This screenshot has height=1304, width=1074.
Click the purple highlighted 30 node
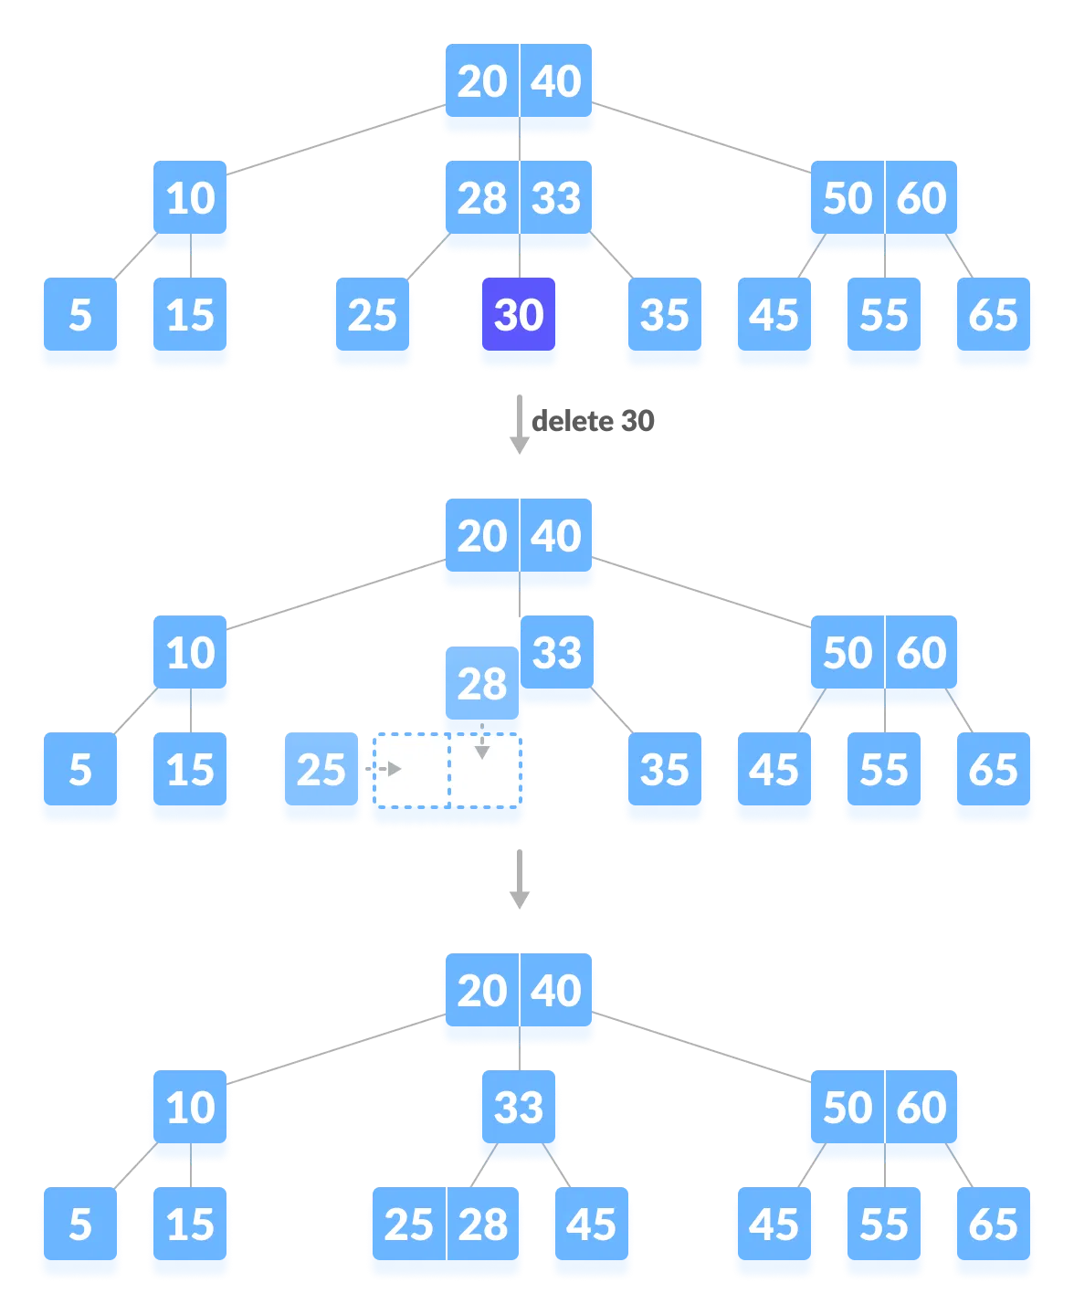pyautogui.click(x=519, y=315)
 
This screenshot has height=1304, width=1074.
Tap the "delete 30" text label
pyautogui.click(x=593, y=421)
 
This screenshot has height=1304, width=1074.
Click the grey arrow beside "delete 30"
pyautogui.click(x=520, y=425)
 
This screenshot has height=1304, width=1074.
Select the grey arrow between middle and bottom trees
pyautogui.click(x=520, y=879)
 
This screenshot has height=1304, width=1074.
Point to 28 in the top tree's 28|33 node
pyautogui.click(x=481, y=199)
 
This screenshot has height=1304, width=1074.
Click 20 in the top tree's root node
pyautogui.click(x=481, y=82)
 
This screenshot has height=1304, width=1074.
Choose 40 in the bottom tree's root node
pyautogui.click(x=556, y=992)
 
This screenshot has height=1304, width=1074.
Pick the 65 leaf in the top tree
pyautogui.click(x=994, y=316)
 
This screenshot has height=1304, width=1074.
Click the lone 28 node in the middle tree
pyautogui.click(x=481, y=684)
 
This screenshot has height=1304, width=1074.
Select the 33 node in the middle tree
pyautogui.click(x=557, y=654)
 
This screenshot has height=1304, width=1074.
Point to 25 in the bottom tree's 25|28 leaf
pyautogui.click(x=408, y=1225)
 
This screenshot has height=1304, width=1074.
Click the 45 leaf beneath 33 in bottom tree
pyautogui.click(x=591, y=1225)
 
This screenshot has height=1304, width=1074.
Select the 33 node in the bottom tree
pyautogui.click(x=519, y=1109)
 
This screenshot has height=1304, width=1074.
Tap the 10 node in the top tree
pyautogui.click(x=190, y=199)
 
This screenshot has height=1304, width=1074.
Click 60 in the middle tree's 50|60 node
pyautogui.click(x=921, y=654)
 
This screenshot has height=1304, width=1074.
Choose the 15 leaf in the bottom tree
pyautogui.click(x=190, y=1225)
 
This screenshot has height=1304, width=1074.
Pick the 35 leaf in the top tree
pyautogui.click(x=664, y=316)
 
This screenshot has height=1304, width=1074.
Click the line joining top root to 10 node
pyautogui.click(x=334, y=140)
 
